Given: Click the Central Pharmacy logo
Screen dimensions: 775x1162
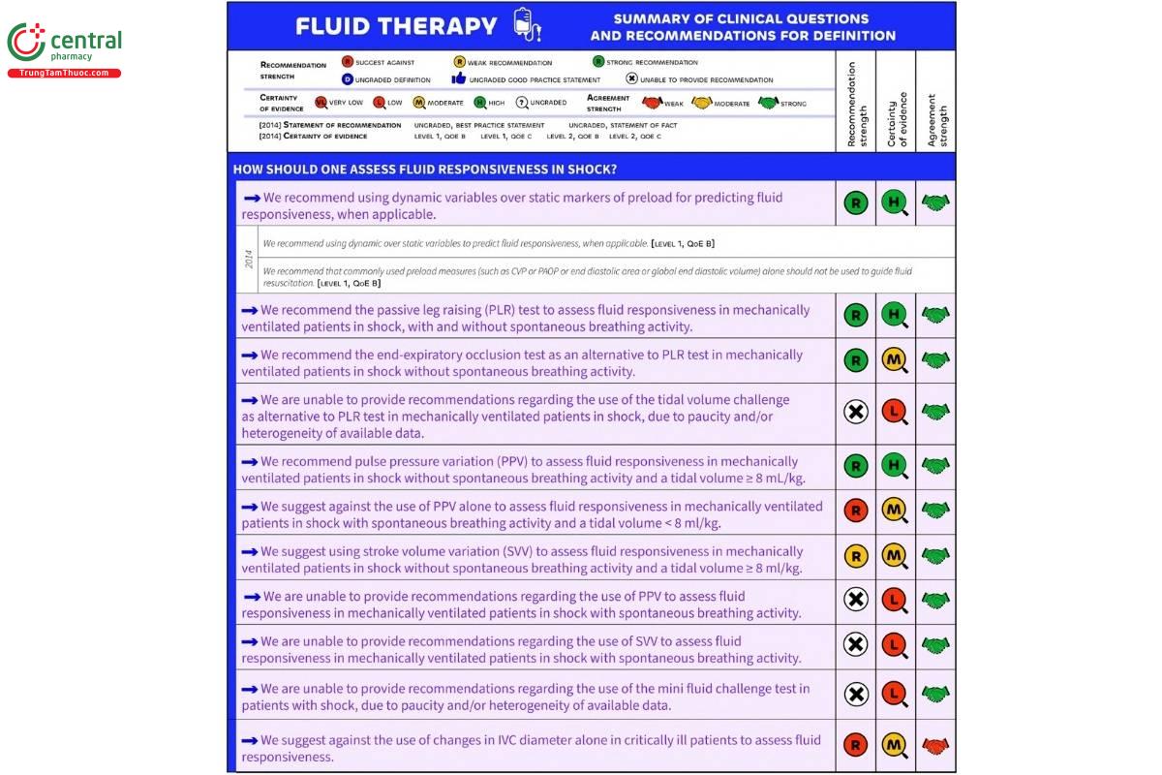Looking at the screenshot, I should [x=64, y=44].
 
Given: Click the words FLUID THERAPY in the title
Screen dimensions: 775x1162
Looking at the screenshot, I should [x=396, y=26].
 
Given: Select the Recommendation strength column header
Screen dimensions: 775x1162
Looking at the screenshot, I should [x=855, y=104].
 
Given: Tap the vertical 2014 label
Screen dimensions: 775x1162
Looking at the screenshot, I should [x=247, y=260].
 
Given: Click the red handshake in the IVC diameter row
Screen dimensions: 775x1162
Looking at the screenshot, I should [x=935, y=745].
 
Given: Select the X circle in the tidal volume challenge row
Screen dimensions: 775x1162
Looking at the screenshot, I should [x=855, y=413].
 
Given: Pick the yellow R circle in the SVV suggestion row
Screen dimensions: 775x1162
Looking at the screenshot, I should [x=855, y=556].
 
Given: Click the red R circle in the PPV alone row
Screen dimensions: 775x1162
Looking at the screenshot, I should [x=855, y=510].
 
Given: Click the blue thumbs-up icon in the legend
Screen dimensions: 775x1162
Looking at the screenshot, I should [x=459, y=79].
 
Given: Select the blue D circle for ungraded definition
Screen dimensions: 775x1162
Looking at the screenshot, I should [x=347, y=79].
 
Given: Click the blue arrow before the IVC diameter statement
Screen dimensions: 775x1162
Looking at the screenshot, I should [x=250, y=740].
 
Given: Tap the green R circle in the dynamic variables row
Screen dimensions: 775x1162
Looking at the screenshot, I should [x=855, y=203].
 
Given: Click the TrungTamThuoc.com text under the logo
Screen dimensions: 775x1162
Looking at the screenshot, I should [x=64, y=74].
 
